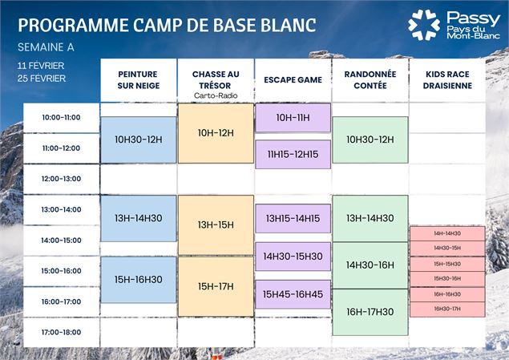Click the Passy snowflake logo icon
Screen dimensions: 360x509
tap(424, 25)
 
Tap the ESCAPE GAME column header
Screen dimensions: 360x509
tap(292, 80)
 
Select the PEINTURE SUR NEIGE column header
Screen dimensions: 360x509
tap(139, 80)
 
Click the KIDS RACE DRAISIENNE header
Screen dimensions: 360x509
tap(446, 80)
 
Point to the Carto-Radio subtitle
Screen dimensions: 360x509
tap(215, 95)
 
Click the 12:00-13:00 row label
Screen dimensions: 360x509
tap(62, 179)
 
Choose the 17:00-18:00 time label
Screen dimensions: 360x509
tap(62, 332)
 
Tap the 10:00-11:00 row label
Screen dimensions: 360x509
tap(62, 118)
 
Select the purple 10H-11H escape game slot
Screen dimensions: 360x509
tap(293, 118)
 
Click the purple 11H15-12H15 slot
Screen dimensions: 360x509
tap(293, 154)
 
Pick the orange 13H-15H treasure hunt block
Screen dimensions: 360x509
tap(216, 225)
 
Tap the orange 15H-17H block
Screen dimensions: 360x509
tap(216, 286)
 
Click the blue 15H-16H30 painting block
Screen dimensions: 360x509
tap(139, 280)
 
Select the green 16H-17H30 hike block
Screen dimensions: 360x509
tap(370, 312)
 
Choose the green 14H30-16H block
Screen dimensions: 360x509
tap(370, 265)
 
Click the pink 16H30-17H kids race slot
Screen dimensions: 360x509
tap(447, 309)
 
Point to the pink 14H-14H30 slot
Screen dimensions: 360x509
tap(447, 233)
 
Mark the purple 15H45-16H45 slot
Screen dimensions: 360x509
tap(293, 294)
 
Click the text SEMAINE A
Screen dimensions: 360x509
tap(46, 47)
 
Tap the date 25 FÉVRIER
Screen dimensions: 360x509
tap(42, 78)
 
